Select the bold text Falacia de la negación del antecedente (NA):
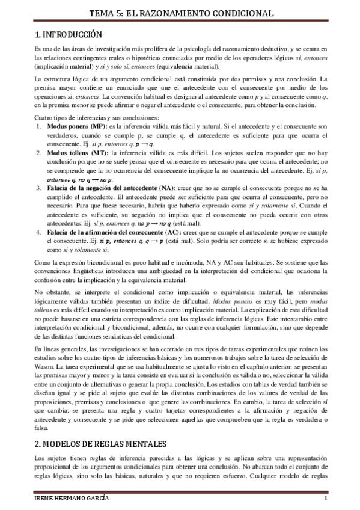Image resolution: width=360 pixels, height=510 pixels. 108,188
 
